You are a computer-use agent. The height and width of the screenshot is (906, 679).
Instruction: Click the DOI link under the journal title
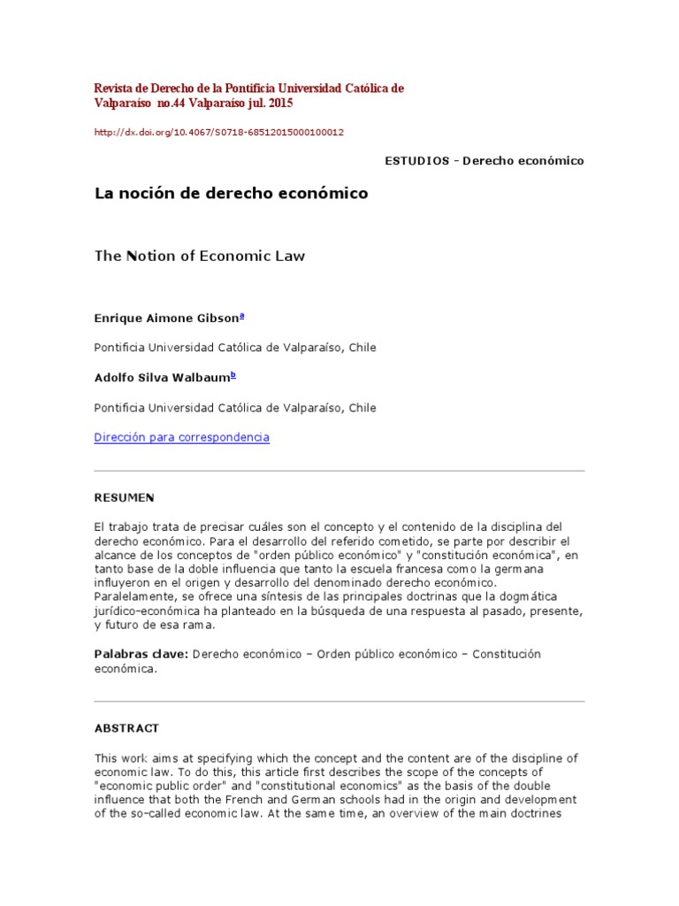218,133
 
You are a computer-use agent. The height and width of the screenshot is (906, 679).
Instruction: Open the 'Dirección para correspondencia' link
181,437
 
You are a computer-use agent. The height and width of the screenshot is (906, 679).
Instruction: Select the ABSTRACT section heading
126,728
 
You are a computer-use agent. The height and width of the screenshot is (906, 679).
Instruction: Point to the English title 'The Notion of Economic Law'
199,256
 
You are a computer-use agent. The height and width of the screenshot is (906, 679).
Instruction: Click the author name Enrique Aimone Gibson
166,318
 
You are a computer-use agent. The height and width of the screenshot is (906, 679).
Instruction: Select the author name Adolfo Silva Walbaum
161,378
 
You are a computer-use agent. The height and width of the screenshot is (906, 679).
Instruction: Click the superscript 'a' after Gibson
242,315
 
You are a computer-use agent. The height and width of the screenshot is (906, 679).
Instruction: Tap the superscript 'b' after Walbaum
233,375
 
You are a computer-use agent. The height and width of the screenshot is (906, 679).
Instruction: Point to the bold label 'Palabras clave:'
141,654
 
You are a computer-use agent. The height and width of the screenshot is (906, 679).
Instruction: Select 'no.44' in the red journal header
165,104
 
